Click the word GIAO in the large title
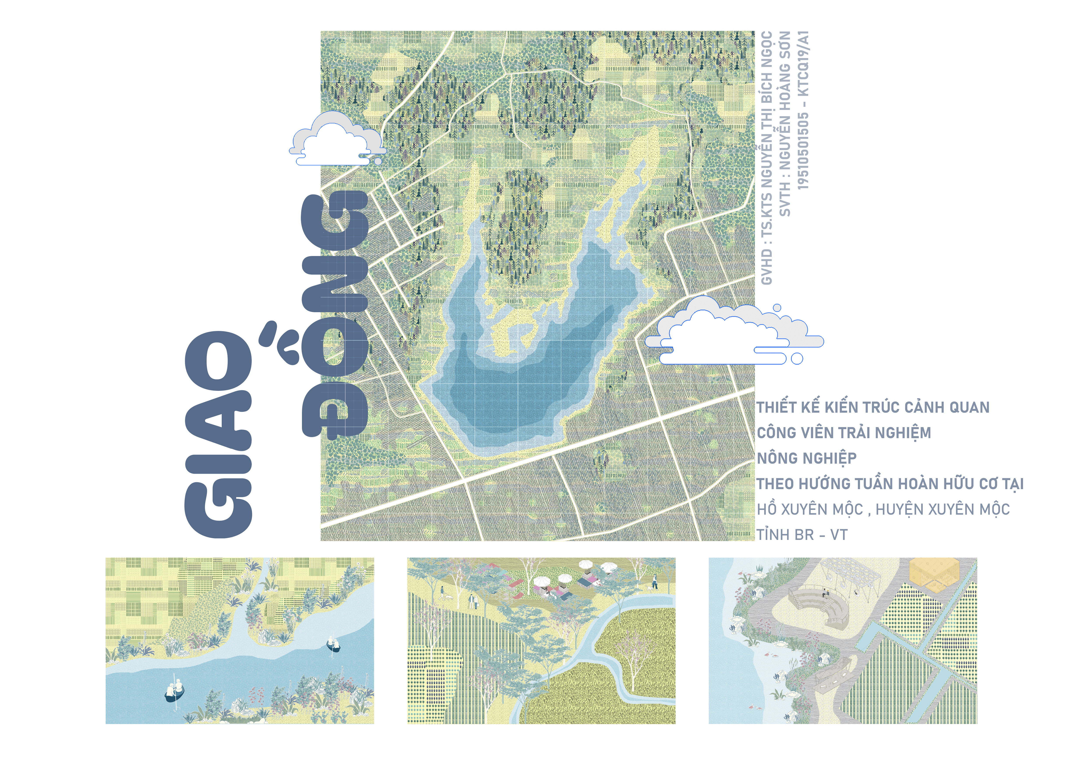219,433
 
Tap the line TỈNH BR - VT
802,535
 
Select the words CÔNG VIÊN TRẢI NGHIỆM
844,433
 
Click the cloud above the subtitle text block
734,331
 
